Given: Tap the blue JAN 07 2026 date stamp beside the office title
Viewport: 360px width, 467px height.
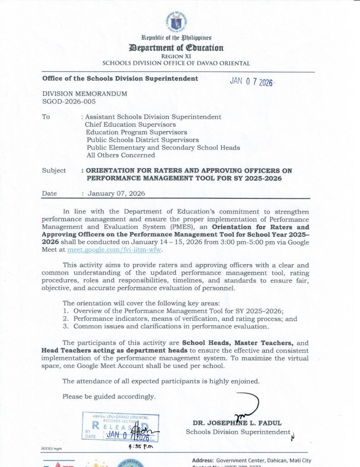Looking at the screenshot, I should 251,82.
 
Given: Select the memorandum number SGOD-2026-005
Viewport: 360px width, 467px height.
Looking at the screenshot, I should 69,102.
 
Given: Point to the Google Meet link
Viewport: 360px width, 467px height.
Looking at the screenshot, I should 115,250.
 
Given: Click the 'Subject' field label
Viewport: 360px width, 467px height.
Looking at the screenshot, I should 54,171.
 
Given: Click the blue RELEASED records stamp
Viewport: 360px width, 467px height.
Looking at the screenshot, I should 120,427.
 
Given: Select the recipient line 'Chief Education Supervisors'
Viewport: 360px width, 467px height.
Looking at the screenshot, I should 130,125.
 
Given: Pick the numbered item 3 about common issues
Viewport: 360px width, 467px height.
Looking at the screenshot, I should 166,327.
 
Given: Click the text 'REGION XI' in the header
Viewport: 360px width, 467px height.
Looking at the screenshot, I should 177,56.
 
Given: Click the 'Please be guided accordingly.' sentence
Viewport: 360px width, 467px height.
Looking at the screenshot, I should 109,396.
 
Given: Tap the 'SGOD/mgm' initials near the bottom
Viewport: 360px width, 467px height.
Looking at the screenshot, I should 51,449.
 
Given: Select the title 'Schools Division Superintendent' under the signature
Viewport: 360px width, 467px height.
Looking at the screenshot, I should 238,432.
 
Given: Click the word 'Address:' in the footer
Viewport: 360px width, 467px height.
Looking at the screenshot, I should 203,460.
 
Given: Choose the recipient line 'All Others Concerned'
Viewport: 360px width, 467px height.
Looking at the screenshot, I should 120,155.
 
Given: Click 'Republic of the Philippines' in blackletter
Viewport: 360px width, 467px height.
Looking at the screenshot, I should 177,38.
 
